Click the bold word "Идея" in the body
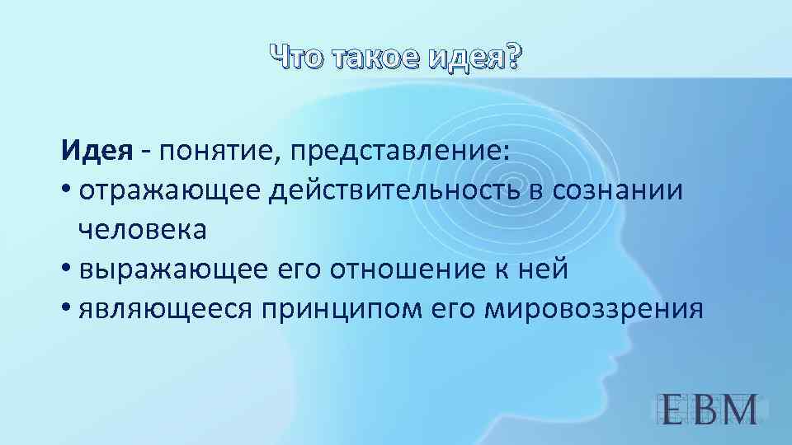pyautogui.click(x=96, y=152)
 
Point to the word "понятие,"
pyautogui.click(x=207, y=152)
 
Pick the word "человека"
pyautogui.click(x=143, y=231)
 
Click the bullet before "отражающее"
pyautogui.click(x=66, y=192)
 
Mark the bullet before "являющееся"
pyautogui.click(x=66, y=310)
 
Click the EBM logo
pyautogui.click(x=710, y=409)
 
